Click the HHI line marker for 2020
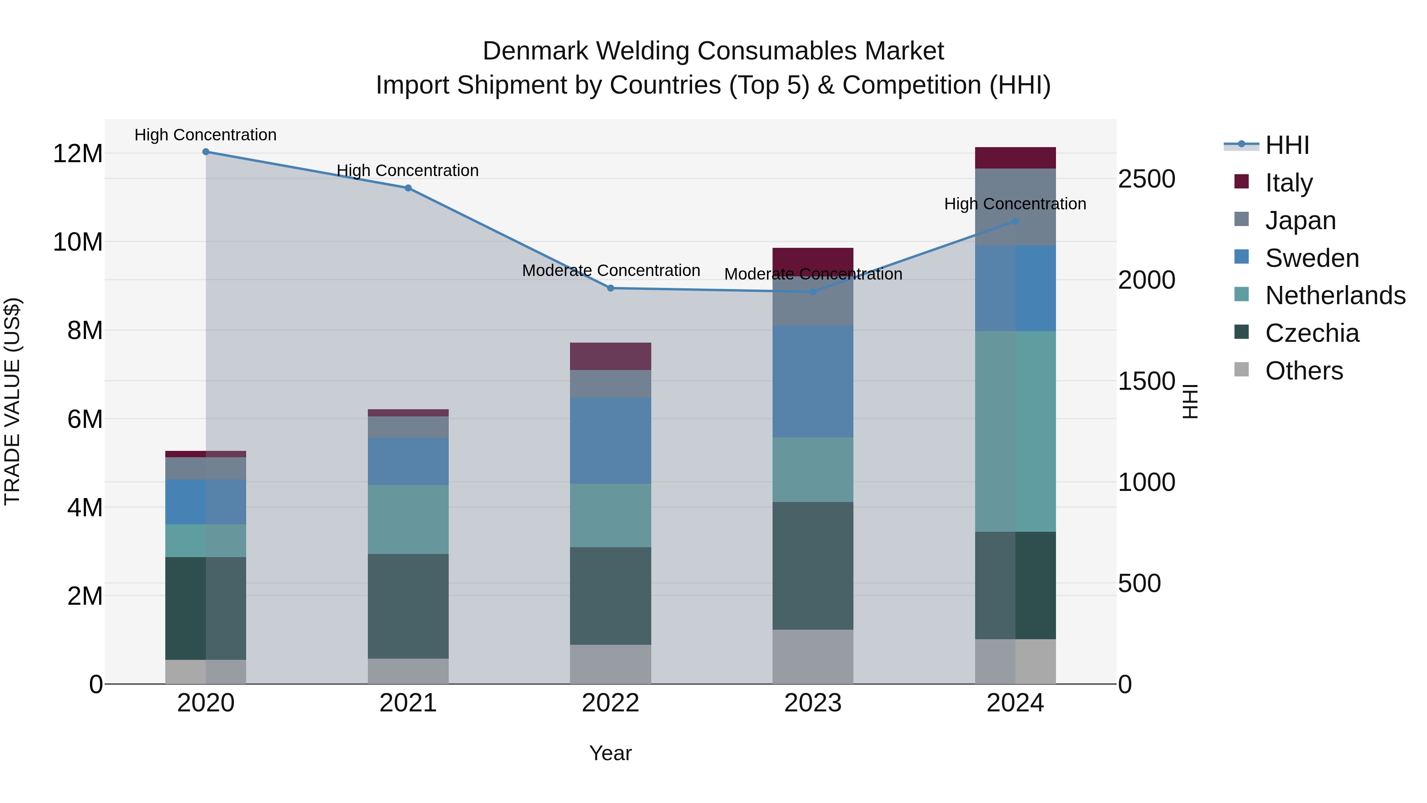[205, 152]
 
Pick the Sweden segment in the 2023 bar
[813, 382]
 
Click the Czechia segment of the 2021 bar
[408, 606]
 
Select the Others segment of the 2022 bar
[610, 665]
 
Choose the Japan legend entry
[1300, 220]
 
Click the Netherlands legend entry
[1335, 295]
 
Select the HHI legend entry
[1286, 145]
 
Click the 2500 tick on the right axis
[1146, 179]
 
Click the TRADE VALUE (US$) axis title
[13, 401]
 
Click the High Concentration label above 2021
[408, 171]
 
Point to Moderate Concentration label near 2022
[611, 270]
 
